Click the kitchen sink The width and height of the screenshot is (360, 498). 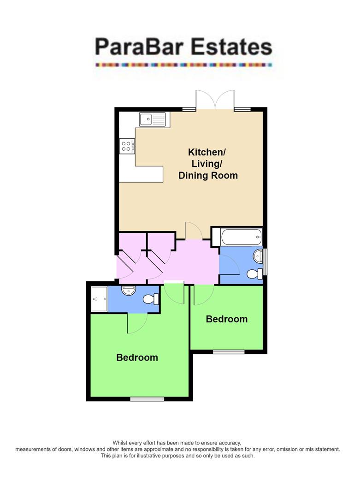[x=152, y=119]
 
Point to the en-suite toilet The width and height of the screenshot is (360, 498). [x=151, y=299]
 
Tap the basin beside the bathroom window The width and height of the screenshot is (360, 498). [x=257, y=255]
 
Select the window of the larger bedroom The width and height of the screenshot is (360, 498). [x=147, y=399]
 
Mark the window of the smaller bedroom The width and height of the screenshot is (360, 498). [x=229, y=352]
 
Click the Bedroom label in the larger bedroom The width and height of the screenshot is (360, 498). [x=137, y=357]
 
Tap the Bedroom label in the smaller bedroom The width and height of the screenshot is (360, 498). [x=226, y=319]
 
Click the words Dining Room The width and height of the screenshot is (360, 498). [x=208, y=176]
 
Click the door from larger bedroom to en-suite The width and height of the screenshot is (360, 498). [x=137, y=323]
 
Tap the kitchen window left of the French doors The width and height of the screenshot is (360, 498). [x=188, y=110]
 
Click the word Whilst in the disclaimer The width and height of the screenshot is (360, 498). [x=121, y=443]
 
